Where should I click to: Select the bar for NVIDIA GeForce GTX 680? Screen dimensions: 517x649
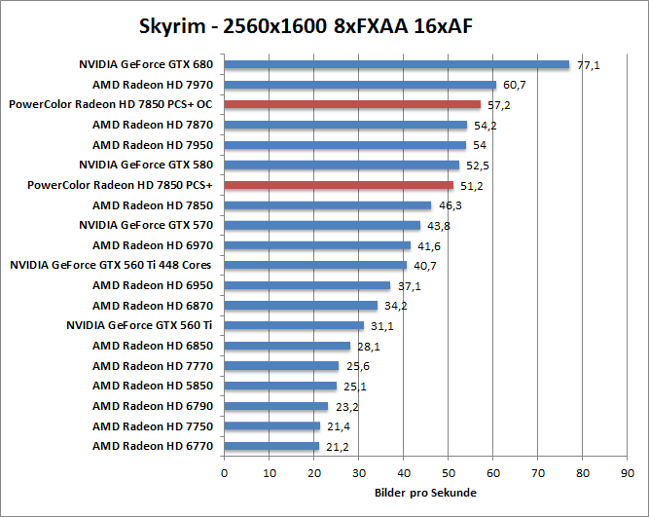tap(396, 65)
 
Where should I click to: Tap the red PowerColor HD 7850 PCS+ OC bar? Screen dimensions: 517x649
tap(352, 104)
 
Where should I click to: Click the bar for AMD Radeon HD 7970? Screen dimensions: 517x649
tap(360, 85)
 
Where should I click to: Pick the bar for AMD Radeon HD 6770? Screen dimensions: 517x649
tap(271, 446)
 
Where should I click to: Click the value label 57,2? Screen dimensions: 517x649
tap(498, 104)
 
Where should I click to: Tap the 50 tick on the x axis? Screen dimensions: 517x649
tap(449, 474)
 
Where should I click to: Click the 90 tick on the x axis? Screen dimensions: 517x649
tap(628, 474)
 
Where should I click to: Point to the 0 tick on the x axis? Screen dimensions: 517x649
tap(225, 474)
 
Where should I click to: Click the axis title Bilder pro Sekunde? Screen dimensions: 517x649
tap(425, 493)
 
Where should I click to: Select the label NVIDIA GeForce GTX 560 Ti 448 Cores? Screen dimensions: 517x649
tap(111, 265)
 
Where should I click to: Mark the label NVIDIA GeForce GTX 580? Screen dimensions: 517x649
tap(146, 165)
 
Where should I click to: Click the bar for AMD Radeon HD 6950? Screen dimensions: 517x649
tap(307, 285)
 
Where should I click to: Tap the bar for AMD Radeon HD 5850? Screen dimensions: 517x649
tap(280, 386)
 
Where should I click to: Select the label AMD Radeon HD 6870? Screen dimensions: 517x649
tap(153, 306)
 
